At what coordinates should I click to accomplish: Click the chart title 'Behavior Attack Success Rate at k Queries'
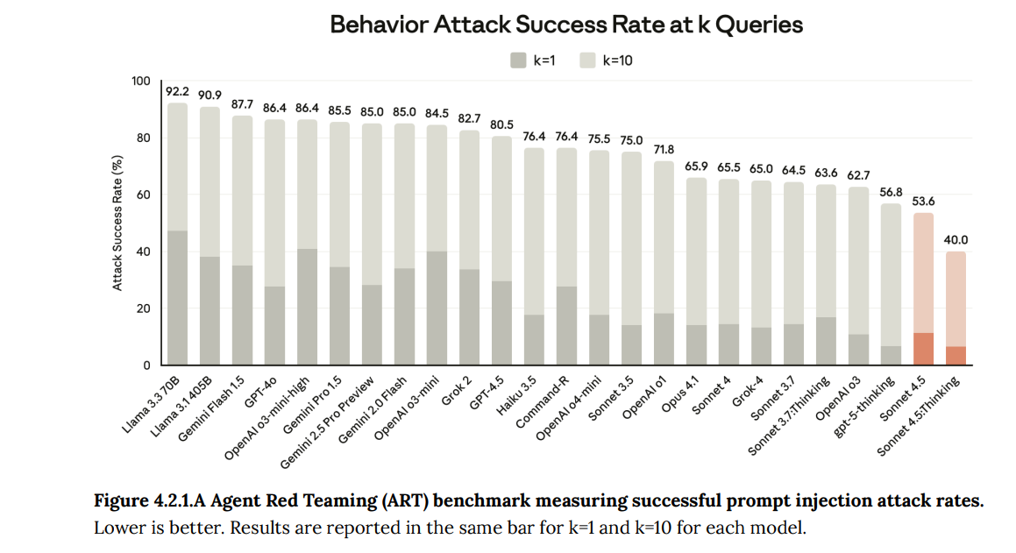[566, 25]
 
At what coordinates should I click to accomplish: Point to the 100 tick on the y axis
[140, 82]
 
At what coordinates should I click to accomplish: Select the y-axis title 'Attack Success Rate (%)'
[117, 223]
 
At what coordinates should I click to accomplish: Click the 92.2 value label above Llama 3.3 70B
[178, 91]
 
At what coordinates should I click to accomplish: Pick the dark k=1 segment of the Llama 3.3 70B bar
[178, 298]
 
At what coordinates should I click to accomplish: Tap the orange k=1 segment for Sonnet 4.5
[923, 349]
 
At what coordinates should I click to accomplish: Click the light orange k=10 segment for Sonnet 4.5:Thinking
[956, 299]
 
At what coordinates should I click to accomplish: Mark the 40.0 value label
[956, 240]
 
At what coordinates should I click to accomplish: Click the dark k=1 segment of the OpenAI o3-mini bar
[437, 308]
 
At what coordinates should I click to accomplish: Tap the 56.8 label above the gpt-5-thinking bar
[891, 193]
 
